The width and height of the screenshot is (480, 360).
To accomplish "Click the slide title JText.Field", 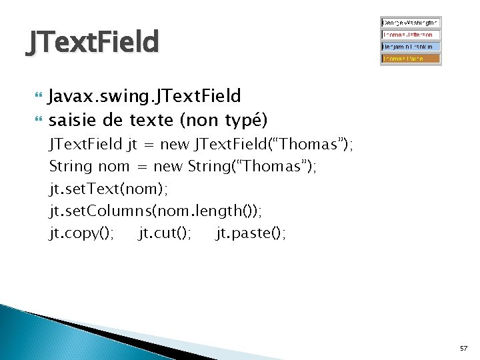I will (93, 43).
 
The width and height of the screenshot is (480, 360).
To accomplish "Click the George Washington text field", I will (411, 22).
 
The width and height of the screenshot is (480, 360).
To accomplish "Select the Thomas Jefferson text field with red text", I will (411, 34).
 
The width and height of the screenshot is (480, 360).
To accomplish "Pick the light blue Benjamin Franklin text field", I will (411, 47).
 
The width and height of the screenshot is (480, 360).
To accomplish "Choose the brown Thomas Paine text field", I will (411, 59).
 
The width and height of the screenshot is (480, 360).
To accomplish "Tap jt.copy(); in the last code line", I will (81, 233).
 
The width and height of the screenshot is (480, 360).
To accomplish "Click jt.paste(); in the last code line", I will (251, 233).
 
